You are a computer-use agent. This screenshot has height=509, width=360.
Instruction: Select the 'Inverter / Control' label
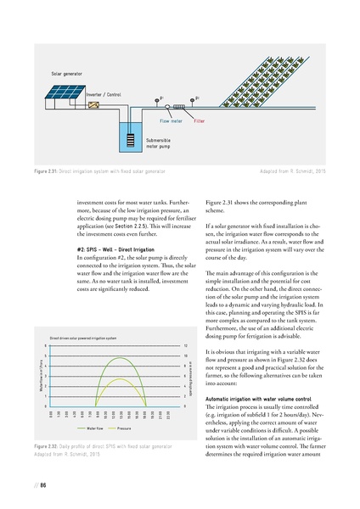(x=105, y=94)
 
